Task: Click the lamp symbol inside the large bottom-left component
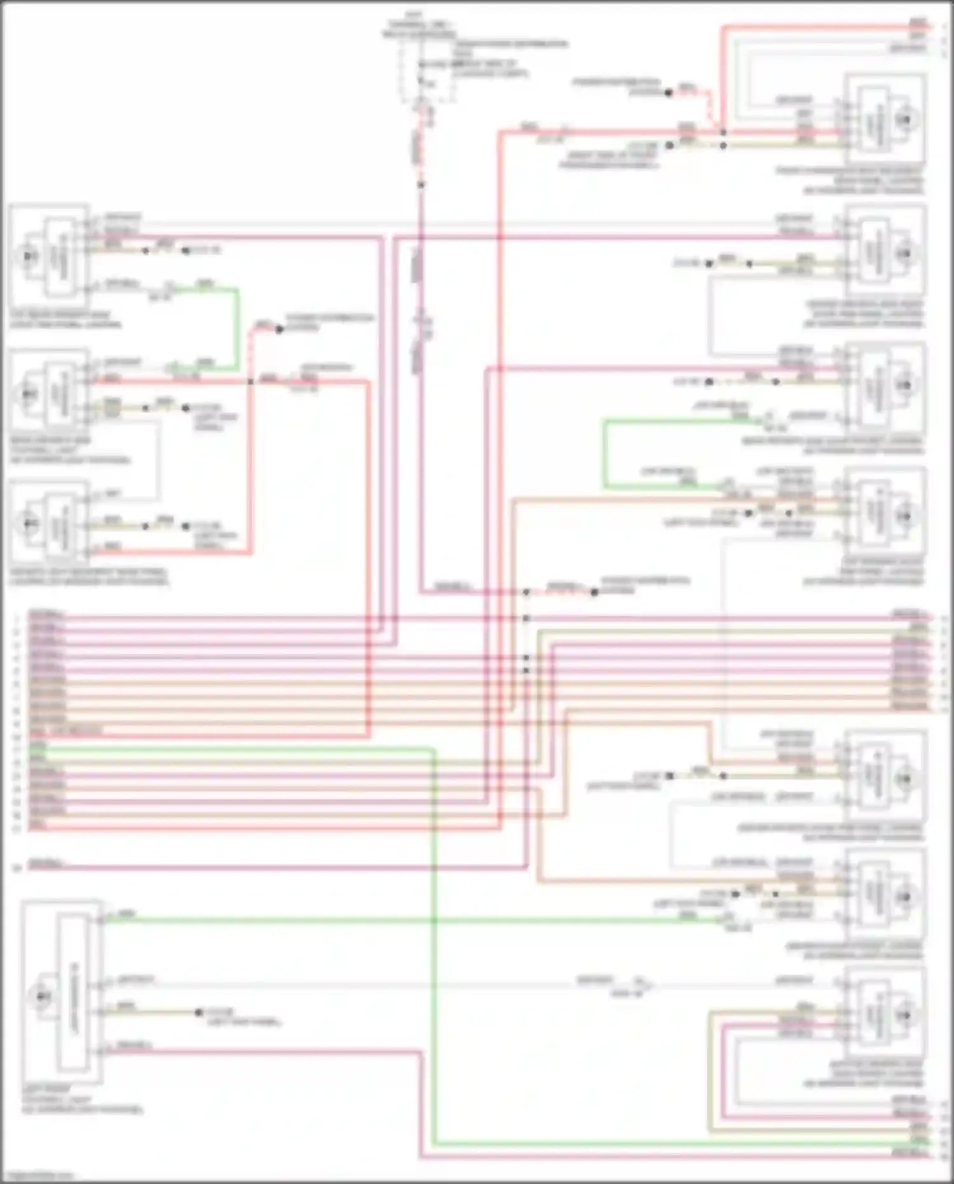click(42, 997)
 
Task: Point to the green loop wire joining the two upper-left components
click(238, 328)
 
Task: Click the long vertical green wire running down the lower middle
click(434, 954)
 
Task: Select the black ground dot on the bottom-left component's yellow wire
click(198, 1012)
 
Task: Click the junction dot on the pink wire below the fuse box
click(420, 185)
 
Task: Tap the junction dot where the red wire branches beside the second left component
click(250, 381)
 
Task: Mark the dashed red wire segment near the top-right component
click(709, 108)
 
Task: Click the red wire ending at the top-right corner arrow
click(827, 27)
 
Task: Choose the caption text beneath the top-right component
click(852, 181)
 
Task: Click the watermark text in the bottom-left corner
click(37, 1176)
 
